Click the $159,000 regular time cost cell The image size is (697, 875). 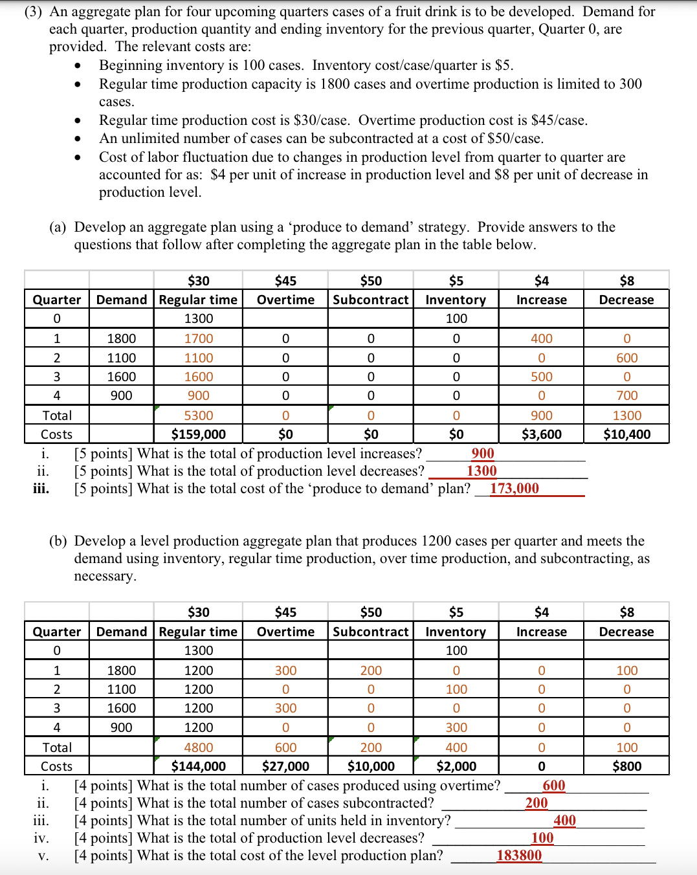click(x=198, y=434)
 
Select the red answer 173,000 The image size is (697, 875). click(x=514, y=489)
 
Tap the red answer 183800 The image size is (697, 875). click(x=519, y=856)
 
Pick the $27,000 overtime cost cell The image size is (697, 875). click(x=285, y=766)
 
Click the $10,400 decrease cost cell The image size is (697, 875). click(x=626, y=434)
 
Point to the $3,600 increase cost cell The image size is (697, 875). click(x=541, y=434)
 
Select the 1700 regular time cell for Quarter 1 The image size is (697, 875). click(x=198, y=338)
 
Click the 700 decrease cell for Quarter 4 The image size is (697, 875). click(x=626, y=395)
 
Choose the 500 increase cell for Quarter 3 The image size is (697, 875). click(x=541, y=377)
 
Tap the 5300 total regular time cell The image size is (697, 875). click(x=198, y=415)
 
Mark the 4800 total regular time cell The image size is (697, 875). click(x=198, y=748)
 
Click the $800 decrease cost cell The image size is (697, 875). click(x=626, y=766)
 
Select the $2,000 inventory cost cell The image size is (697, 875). click(x=456, y=766)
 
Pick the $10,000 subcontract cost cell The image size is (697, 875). click(x=371, y=766)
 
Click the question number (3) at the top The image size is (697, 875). click(x=34, y=12)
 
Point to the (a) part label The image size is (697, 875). click(x=58, y=227)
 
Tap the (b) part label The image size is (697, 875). click(x=58, y=541)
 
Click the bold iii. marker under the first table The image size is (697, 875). click(x=41, y=489)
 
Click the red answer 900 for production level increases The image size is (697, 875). click(x=483, y=454)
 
